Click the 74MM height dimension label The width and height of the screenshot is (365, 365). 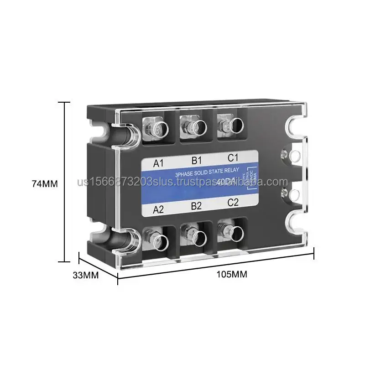tap(45, 185)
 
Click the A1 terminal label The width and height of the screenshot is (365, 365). tap(159, 162)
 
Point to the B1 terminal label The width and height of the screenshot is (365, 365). tap(197, 160)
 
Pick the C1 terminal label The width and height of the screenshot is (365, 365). tap(233, 158)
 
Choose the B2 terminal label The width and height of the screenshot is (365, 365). tap(197, 206)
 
